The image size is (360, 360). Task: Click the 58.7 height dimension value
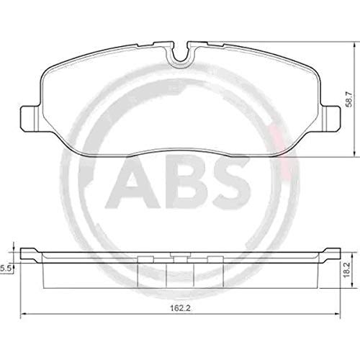(349, 99)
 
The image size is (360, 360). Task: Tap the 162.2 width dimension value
(180, 308)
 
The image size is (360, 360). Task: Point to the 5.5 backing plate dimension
(6, 269)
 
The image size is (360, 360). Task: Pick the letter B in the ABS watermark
(189, 183)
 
